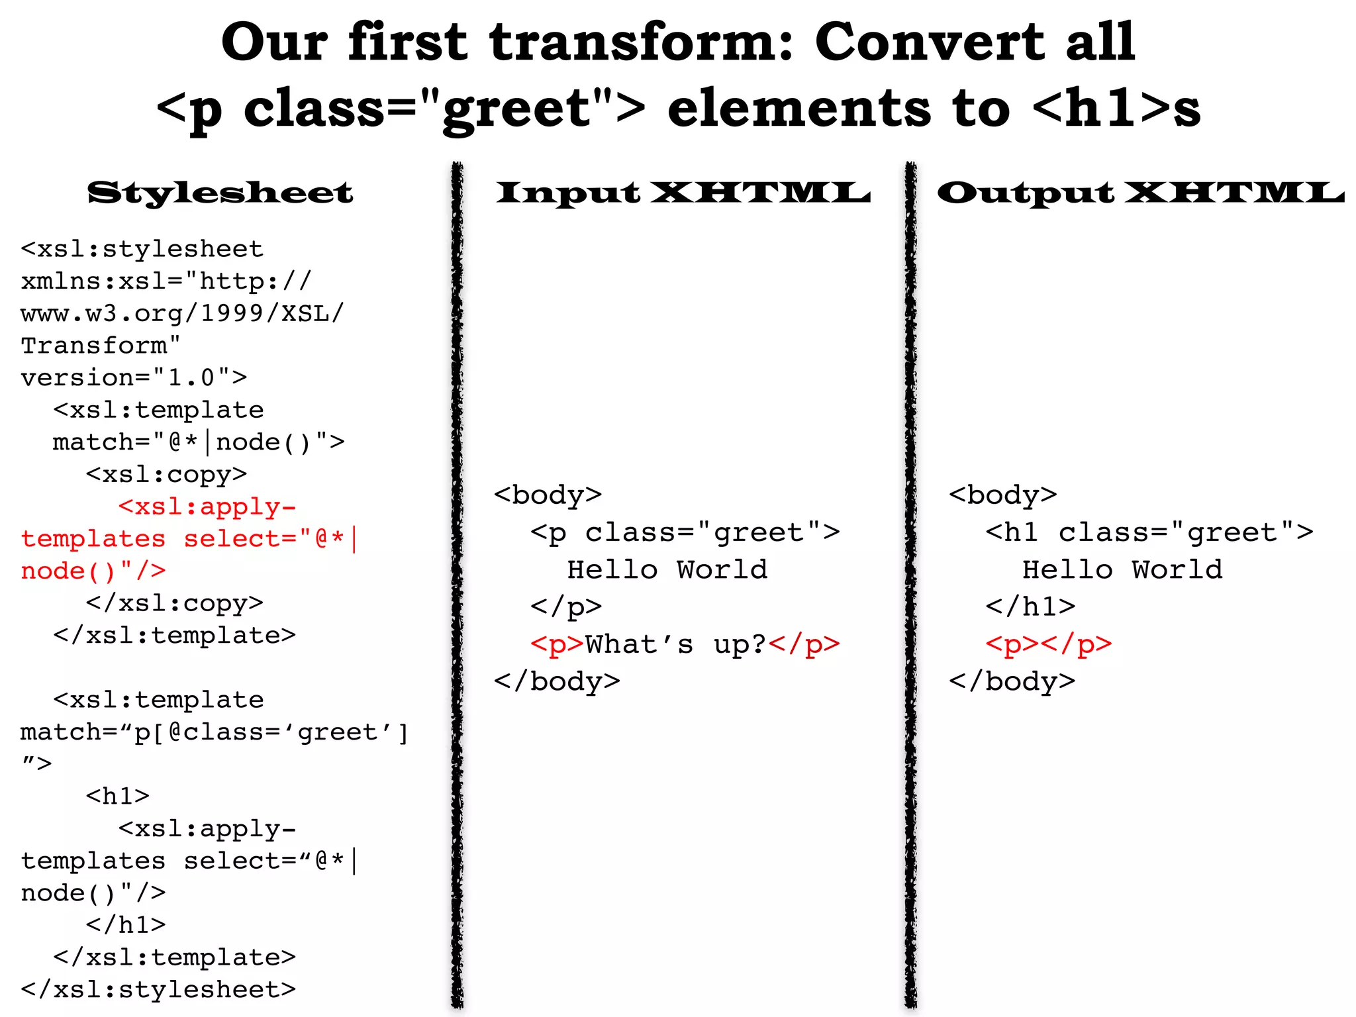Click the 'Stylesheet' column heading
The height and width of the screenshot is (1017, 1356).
pos(220,193)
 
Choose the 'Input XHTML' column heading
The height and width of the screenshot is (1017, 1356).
pos(683,193)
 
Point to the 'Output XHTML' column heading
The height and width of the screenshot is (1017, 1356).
pos(1140,193)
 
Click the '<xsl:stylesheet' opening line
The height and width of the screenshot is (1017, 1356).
pos(142,249)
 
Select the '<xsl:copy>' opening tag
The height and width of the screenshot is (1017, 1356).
pos(166,474)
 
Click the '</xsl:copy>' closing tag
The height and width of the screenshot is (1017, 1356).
pos(174,603)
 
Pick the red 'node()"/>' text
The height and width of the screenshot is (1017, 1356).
pos(93,571)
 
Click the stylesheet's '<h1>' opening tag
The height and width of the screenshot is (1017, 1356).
pos(118,795)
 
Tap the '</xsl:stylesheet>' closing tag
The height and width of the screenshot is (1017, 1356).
pos(158,989)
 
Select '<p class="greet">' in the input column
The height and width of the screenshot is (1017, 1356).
pos(685,532)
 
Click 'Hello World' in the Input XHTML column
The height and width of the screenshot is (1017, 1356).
pos(667,569)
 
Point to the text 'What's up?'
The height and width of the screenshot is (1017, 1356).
pos(675,644)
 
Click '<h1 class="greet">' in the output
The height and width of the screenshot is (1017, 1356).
pos(1149,532)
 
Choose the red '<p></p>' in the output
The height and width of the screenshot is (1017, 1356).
pos(1048,644)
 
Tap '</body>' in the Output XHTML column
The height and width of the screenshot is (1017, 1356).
pos(1012,681)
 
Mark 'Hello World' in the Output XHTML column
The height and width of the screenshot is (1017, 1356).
pos(1122,569)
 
